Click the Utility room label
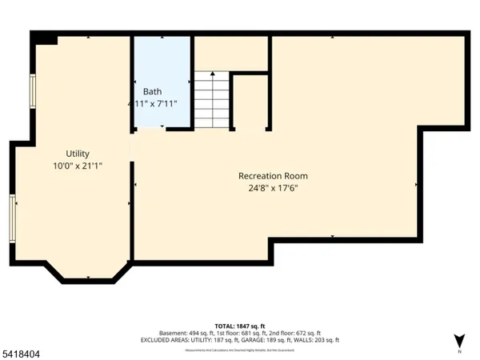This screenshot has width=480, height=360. pyautogui.click(x=78, y=154)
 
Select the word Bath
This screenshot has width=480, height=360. pyautogui.click(x=152, y=91)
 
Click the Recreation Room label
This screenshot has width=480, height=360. pyautogui.click(x=273, y=176)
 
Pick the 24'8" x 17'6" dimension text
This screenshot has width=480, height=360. pyautogui.click(x=273, y=188)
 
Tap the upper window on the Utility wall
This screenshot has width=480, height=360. pyautogui.click(x=33, y=91)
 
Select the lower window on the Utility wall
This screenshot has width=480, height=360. pyautogui.click(x=13, y=218)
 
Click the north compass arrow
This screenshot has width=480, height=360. pyautogui.click(x=458, y=338)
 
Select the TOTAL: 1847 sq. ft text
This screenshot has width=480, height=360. pyautogui.click(x=240, y=325)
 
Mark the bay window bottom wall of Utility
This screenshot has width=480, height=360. pyautogui.click(x=88, y=280)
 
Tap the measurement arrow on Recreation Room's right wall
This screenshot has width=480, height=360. pyautogui.click(x=416, y=185)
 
